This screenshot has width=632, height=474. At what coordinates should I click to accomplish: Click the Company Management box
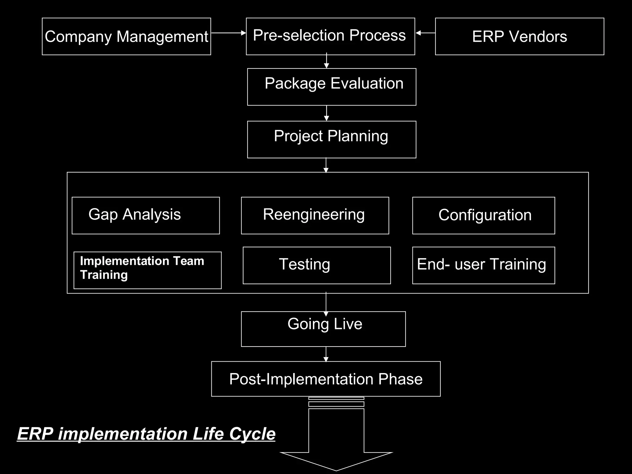click(x=126, y=36)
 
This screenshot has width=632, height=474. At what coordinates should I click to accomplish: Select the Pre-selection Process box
click(x=330, y=36)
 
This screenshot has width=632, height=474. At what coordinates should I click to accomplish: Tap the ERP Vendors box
click(x=519, y=36)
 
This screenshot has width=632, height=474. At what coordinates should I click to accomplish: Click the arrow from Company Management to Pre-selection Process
click(x=228, y=33)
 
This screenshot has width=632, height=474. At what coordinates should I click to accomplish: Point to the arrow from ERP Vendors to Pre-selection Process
click(x=425, y=33)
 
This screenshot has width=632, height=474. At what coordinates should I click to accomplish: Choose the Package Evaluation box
click(x=331, y=87)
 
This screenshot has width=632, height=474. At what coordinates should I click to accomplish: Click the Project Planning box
click(x=331, y=139)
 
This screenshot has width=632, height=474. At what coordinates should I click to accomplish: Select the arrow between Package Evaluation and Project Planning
click(x=326, y=113)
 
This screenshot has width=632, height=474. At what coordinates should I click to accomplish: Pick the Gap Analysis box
click(x=146, y=215)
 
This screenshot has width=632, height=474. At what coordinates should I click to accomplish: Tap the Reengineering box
click(x=315, y=215)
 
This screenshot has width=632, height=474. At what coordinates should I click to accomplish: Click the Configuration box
click(x=483, y=215)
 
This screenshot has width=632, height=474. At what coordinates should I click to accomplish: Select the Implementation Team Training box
click(x=148, y=270)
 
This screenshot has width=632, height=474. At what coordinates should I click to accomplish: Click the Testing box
click(x=317, y=265)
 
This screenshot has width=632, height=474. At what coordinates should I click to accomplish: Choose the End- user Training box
click(x=483, y=265)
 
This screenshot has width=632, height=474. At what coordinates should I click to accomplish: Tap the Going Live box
click(x=323, y=329)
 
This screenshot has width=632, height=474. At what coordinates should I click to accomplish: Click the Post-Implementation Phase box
click(x=326, y=379)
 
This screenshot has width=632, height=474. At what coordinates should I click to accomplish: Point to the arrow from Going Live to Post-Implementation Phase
click(x=326, y=354)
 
